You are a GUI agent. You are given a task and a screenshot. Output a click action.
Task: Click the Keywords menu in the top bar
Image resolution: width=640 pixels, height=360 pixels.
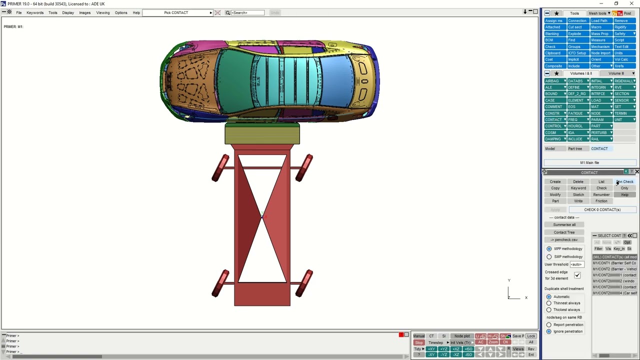click(34, 12)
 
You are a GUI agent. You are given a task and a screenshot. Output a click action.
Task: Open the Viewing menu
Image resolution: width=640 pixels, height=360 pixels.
click(102, 12)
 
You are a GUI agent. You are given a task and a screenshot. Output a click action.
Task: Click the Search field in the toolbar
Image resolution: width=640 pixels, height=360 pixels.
click(247, 12)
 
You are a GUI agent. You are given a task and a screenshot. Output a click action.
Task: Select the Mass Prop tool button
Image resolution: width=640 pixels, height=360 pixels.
click(599, 34)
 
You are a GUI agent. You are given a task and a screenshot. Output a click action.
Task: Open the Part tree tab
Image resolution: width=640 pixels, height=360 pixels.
click(575, 148)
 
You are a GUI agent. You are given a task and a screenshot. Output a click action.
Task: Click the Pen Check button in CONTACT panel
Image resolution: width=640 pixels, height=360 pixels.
click(624, 181)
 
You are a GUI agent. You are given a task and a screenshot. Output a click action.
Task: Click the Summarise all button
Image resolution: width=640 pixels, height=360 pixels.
click(564, 224)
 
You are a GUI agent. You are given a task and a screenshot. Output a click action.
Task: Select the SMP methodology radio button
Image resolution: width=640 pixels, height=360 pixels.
click(549, 256)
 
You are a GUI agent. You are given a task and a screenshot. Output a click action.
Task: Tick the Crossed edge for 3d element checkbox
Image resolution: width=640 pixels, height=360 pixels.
click(577, 275)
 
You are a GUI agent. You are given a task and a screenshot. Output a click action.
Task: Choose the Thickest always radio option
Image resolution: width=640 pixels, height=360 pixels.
click(549, 309)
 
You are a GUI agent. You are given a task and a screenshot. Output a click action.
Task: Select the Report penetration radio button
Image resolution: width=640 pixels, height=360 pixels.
click(549, 324)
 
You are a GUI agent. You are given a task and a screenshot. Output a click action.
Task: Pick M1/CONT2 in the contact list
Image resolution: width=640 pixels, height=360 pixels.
click(614, 269)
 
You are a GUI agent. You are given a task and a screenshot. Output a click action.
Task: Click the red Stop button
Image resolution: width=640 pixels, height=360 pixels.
click(419, 342)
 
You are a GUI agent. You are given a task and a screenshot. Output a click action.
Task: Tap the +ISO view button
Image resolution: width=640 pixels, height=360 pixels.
click(468, 348)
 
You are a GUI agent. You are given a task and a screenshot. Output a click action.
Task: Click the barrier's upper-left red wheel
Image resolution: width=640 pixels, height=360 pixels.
click(220, 168)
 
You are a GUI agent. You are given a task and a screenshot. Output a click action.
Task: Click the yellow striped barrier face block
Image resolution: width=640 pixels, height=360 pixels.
click(262, 134)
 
